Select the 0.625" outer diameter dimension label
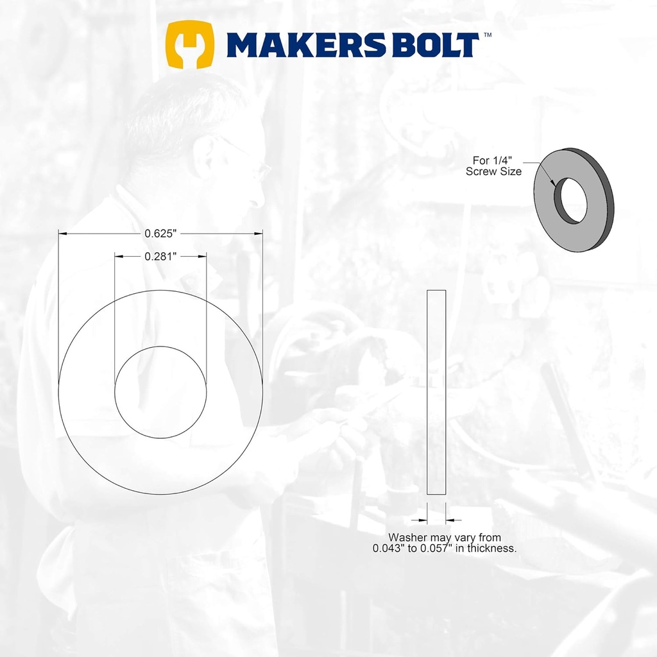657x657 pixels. click(x=160, y=234)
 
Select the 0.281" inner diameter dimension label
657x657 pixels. click(x=160, y=256)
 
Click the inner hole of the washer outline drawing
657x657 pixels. click(x=160, y=392)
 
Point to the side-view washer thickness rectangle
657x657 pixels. click(x=436, y=392)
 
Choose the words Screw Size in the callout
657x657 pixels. click(x=493, y=172)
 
